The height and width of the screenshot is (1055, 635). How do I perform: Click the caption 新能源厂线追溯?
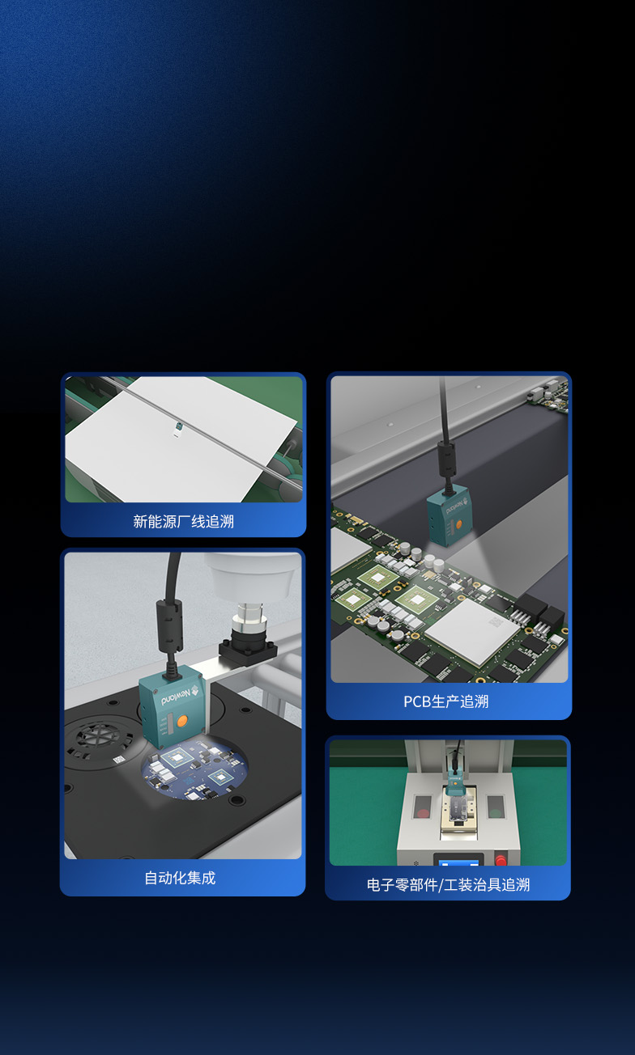click(x=183, y=521)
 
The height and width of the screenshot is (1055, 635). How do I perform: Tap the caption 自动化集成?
click(x=180, y=878)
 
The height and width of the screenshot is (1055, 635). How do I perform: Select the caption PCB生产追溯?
click(x=446, y=701)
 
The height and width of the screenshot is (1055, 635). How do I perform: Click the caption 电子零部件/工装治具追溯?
click(x=449, y=885)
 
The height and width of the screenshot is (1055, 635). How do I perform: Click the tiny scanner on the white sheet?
click(x=178, y=428)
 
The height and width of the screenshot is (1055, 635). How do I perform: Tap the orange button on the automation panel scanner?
click(x=182, y=721)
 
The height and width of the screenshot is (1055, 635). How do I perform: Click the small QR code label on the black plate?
click(x=118, y=759)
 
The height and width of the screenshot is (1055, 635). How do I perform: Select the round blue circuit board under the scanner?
click(x=194, y=769)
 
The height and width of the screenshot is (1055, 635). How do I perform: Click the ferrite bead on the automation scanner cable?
click(x=170, y=625)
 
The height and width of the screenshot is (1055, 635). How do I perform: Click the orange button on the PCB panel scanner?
click(x=458, y=524)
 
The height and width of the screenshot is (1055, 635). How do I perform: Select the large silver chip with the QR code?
click(x=472, y=631)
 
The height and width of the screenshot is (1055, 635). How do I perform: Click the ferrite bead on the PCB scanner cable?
click(x=446, y=459)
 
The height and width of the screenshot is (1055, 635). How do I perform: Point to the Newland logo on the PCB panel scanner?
click(x=456, y=506)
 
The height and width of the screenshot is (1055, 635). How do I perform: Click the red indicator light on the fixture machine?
click(x=423, y=812)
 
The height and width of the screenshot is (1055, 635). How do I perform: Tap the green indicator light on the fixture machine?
click(x=495, y=812)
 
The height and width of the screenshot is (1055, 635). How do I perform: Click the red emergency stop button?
click(x=501, y=859)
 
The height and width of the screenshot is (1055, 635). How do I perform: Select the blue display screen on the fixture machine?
click(x=458, y=862)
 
